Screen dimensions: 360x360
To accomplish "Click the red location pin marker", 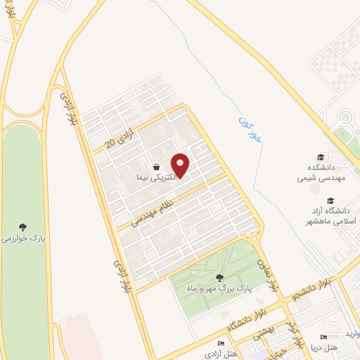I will tap(181, 165).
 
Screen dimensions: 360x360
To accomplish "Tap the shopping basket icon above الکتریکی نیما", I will tap(154, 167).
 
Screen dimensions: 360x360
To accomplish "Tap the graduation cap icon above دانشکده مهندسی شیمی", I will tap(321, 157).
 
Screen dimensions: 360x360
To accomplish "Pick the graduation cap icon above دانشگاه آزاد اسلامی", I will tap(321, 198).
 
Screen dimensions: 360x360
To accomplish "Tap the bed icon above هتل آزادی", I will tap(221, 343).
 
